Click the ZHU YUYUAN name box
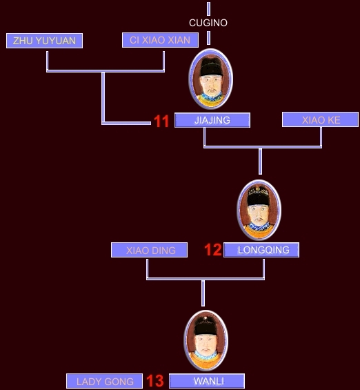tap(44, 41)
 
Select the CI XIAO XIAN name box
tap(160, 40)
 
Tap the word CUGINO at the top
tap(208, 23)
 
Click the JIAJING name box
tap(212, 120)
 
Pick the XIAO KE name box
tap(320, 119)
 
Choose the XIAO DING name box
tap(150, 250)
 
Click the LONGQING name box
tap(261, 250)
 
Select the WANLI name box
tap(207, 381)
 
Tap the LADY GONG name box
tap(104, 381)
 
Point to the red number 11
tap(161, 121)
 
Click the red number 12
tap(213, 250)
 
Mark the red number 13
tap(155, 380)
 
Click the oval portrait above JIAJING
tap(210, 79)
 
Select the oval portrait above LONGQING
tap(259, 210)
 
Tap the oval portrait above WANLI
tap(206, 340)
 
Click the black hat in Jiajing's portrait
tap(211, 67)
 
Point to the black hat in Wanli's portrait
tap(206, 326)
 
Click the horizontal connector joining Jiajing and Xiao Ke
tap(263, 147)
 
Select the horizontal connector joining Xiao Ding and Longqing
tap(206, 279)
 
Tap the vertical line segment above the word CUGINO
tap(208, 9)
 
